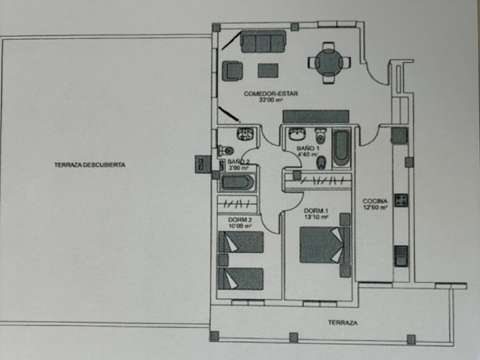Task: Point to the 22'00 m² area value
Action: click(270, 101)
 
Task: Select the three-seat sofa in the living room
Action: click(263, 42)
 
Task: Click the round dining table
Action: click(328, 62)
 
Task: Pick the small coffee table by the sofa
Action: click(268, 69)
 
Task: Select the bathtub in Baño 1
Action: click(341, 149)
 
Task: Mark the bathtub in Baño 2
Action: click(237, 183)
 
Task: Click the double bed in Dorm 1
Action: click(324, 244)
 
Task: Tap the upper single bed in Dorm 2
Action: click(241, 242)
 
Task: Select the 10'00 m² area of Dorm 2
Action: click(240, 226)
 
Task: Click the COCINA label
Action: click(375, 201)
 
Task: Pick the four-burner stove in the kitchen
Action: click(401, 201)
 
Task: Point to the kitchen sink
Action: click(401, 256)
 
